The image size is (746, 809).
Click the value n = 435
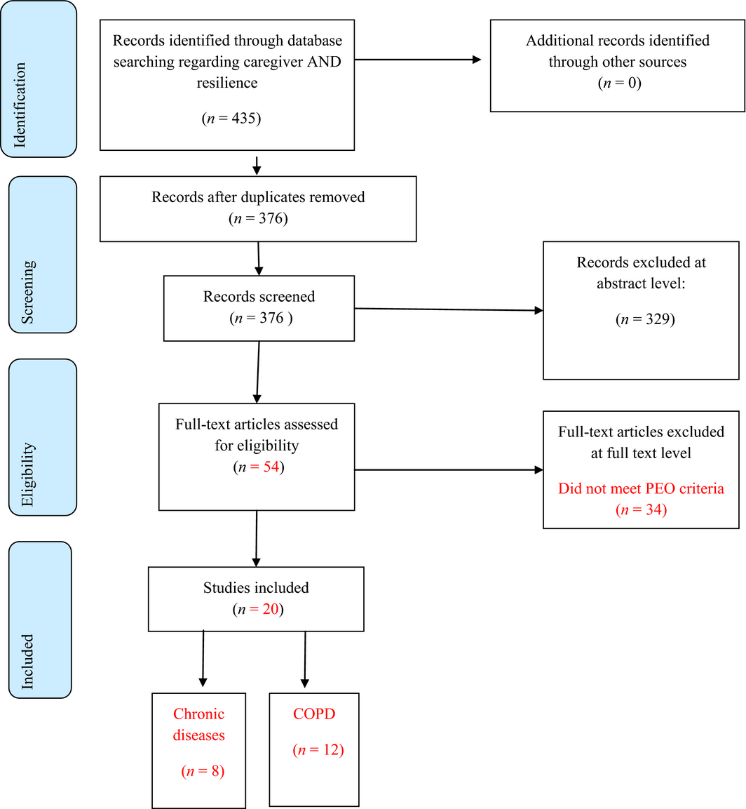(x=231, y=119)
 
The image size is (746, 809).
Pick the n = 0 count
(x=619, y=83)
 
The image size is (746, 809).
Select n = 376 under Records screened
(x=260, y=317)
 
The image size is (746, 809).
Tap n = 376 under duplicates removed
(x=258, y=219)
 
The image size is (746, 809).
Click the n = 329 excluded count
(x=644, y=319)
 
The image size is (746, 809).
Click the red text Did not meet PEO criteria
(x=641, y=488)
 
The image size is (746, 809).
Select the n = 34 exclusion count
(x=641, y=510)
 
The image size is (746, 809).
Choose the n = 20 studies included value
(x=257, y=609)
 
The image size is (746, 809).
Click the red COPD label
(x=314, y=714)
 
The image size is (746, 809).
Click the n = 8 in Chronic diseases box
(x=202, y=773)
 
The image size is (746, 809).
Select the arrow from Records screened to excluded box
(x=449, y=309)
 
